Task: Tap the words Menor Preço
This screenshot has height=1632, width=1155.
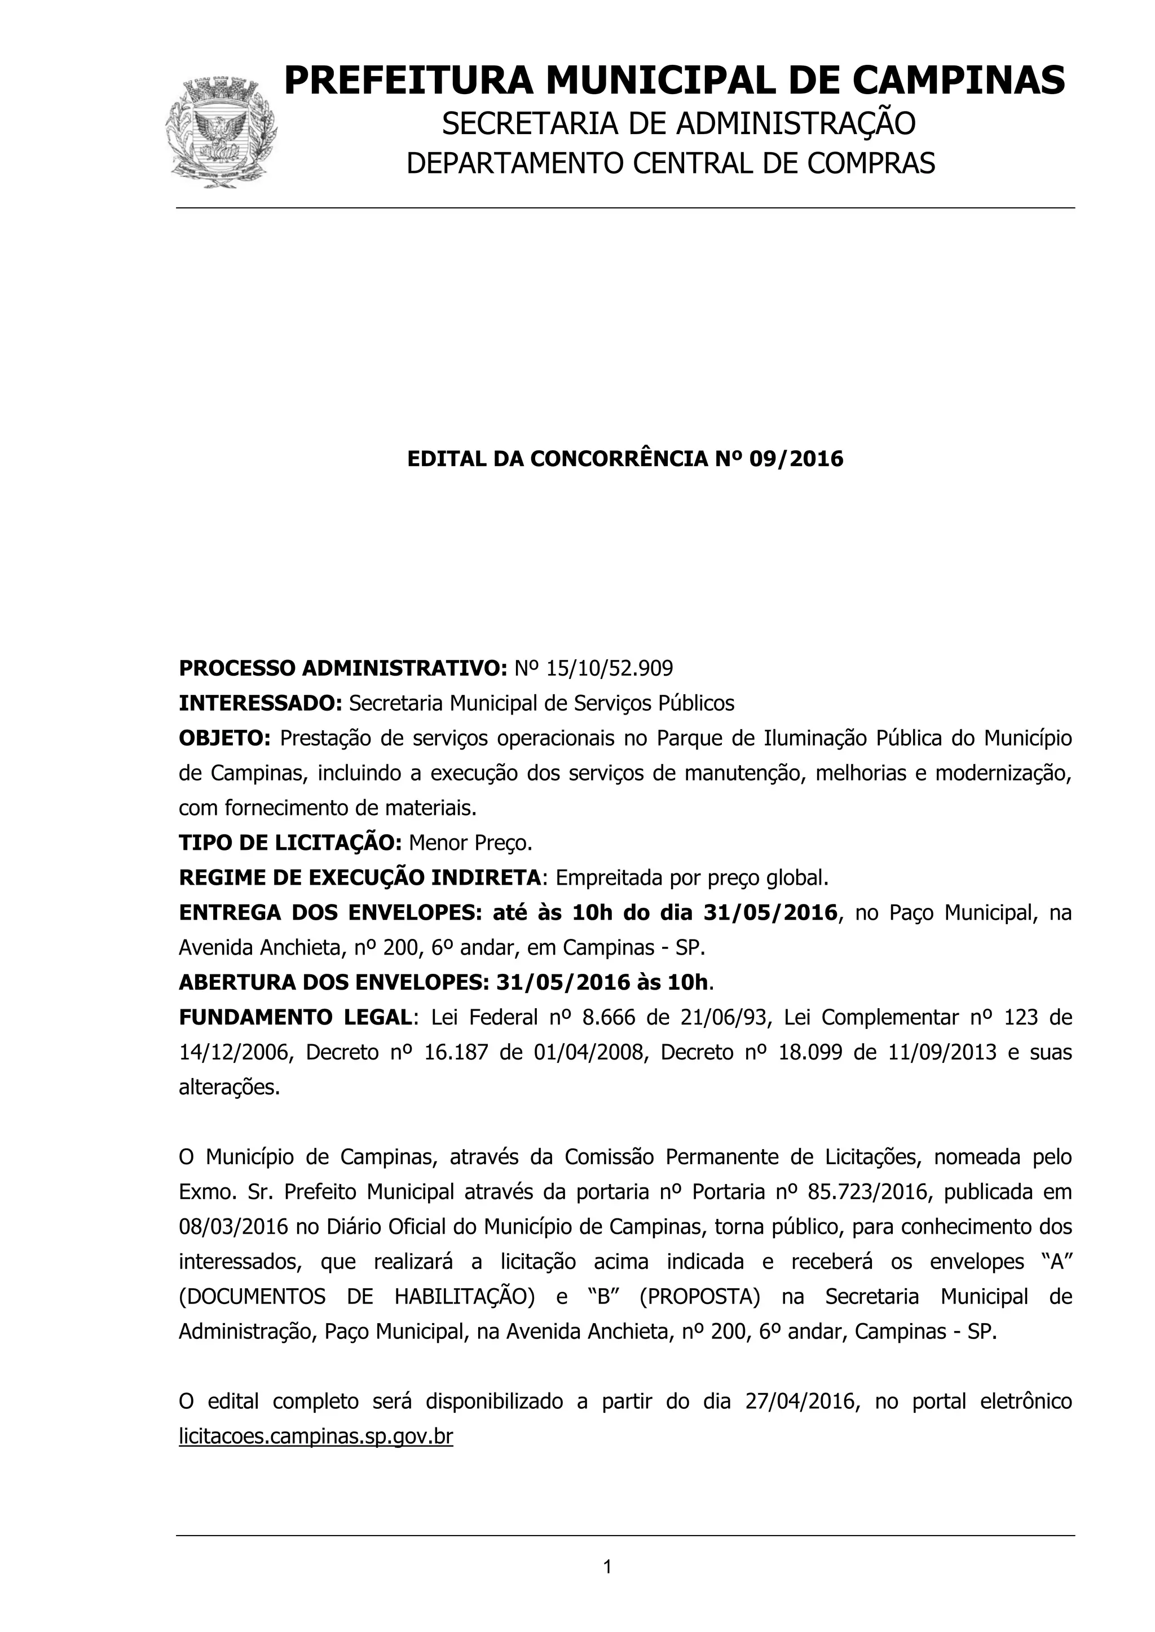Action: (470, 843)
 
